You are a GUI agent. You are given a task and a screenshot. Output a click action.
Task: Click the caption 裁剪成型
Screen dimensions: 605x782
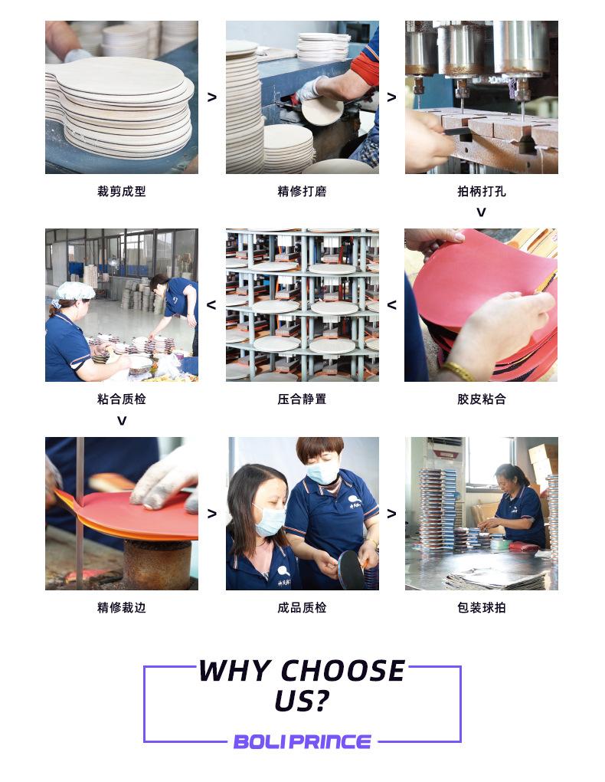pyautogui.click(x=122, y=192)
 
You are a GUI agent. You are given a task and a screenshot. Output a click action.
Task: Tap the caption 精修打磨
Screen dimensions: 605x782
pyautogui.click(x=302, y=192)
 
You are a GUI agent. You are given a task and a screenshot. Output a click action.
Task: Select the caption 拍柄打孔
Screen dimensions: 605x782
pyautogui.click(x=482, y=192)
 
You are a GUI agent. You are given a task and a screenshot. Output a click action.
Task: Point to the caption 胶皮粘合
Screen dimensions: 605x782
pyautogui.click(x=482, y=399)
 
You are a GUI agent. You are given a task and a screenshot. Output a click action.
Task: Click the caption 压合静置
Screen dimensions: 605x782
pyautogui.click(x=302, y=399)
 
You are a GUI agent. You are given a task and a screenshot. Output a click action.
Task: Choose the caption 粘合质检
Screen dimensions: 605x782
pyautogui.click(x=122, y=399)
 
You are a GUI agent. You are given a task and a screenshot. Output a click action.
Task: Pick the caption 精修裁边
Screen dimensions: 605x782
pyautogui.click(x=122, y=607)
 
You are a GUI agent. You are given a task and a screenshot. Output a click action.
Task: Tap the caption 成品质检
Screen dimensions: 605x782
pyautogui.click(x=302, y=607)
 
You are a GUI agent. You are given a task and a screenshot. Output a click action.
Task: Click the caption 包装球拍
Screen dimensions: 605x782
pyautogui.click(x=482, y=607)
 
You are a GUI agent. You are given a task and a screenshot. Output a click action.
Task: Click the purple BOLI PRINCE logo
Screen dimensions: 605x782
pyautogui.click(x=302, y=741)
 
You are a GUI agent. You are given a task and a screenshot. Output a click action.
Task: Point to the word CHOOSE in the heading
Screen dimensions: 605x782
pyautogui.click(x=343, y=670)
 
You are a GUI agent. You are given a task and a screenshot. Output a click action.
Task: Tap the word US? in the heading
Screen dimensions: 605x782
pyautogui.click(x=302, y=701)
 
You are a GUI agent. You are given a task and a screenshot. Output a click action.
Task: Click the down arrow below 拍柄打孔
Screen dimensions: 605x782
pyautogui.click(x=481, y=212)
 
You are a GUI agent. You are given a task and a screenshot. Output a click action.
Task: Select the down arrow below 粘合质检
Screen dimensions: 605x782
pyautogui.click(x=122, y=421)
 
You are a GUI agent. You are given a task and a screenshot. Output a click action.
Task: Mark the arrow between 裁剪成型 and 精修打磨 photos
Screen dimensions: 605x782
pyautogui.click(x=212, y=97)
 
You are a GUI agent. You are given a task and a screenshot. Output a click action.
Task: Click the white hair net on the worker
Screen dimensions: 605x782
pyautogui.click(x=75, y=291)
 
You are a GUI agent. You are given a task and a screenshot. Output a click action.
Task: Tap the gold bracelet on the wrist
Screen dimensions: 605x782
pyautogui.click(x=459, y=371)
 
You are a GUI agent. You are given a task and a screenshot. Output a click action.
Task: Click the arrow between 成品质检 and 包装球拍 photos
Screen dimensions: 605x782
pyautogui.click(x=391, y=513)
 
